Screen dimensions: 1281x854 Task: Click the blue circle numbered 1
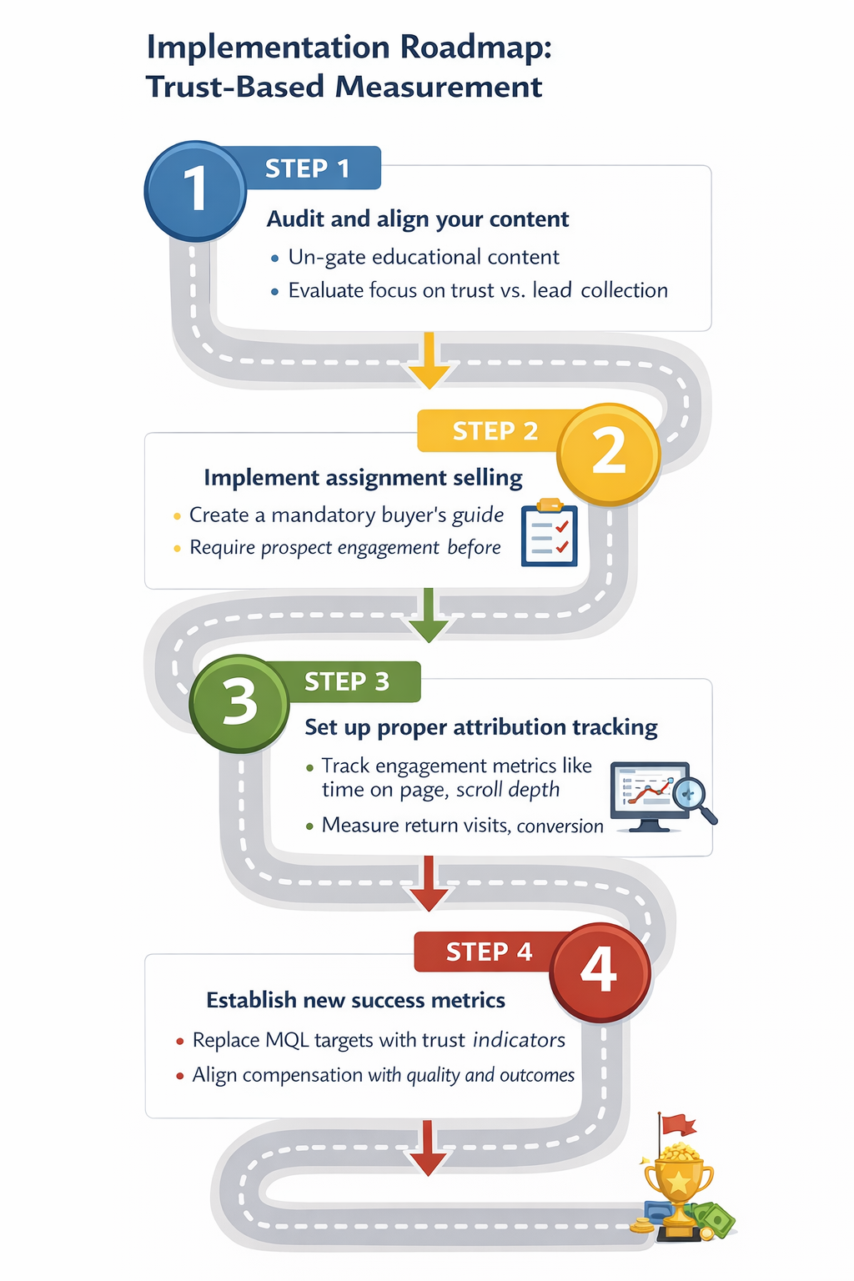(195, 191)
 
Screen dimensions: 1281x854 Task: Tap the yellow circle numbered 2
(609, 454)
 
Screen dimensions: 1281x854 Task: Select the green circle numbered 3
(240, 703)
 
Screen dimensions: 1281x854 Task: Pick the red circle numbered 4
(600, 972)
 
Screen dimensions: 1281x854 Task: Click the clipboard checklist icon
(549, 534)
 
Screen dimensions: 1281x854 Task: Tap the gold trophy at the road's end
(679, 1184)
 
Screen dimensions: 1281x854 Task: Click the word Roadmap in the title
(475, 48)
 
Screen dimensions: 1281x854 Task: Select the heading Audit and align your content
(418, 219)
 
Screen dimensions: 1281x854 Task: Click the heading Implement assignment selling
(363, 478)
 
